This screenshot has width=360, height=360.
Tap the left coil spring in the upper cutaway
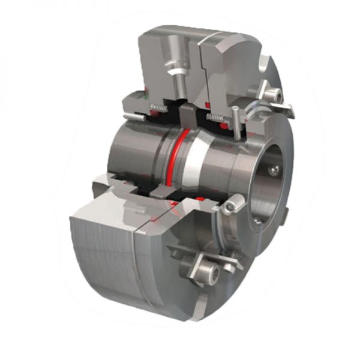coord(158,108)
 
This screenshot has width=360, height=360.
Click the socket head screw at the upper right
coord(272,93)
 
